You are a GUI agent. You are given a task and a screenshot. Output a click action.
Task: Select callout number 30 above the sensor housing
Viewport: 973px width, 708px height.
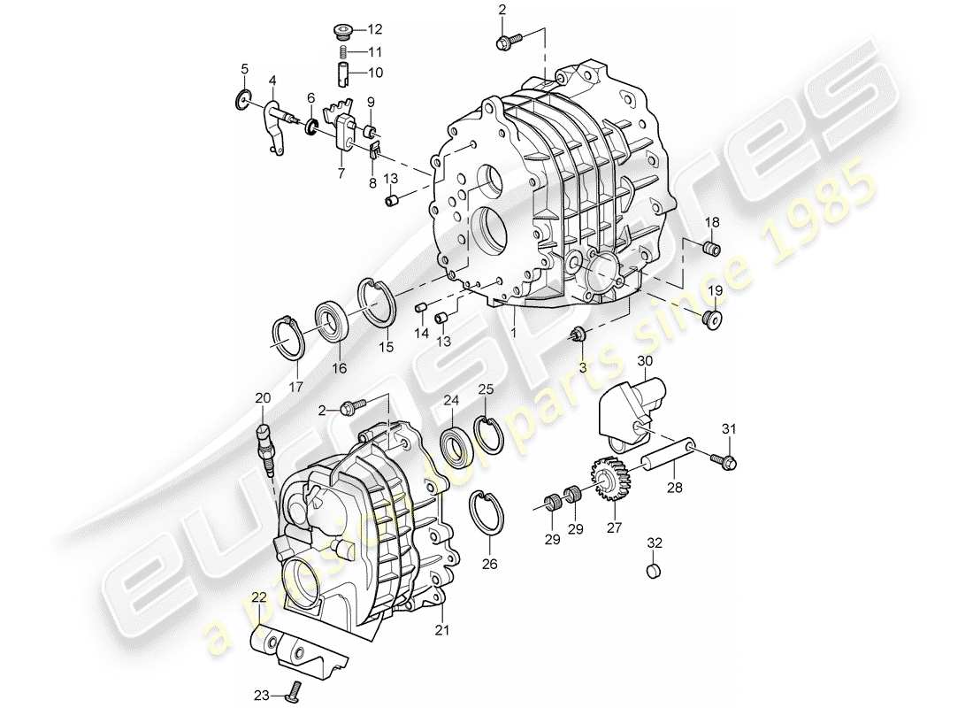pos(644,361)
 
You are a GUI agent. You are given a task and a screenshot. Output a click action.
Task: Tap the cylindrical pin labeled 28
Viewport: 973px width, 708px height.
pos(670,454)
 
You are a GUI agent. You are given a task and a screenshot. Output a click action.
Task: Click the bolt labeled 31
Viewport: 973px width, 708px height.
pos(727,460)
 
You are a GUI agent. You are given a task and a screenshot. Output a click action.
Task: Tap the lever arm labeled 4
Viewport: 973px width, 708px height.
pos(276,128)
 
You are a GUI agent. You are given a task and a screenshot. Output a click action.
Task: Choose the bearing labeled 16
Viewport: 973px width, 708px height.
pos(333,321)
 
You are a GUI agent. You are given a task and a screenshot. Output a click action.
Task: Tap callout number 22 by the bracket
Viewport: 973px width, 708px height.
pos(257,599)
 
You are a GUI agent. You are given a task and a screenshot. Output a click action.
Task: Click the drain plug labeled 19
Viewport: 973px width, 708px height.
pos(713,319)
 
